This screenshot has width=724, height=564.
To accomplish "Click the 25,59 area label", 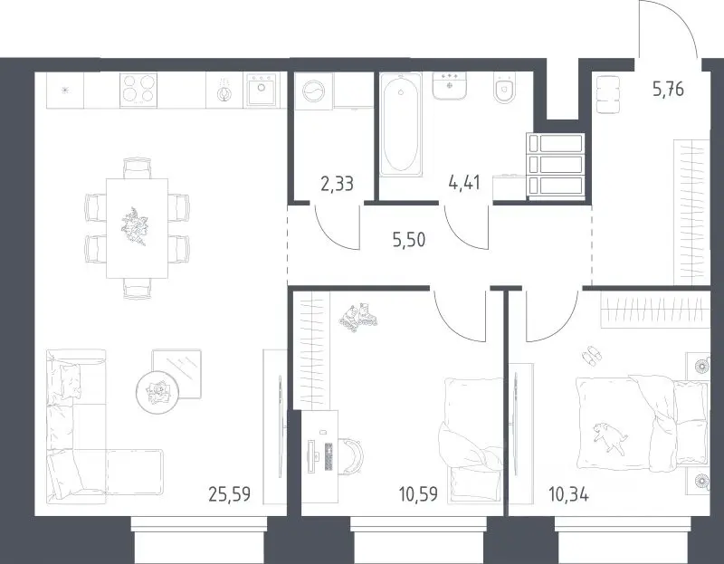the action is pyautogui.click(x=230, y=494).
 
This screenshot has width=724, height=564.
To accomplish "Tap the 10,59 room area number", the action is pyautogui.click(x=418, y=494).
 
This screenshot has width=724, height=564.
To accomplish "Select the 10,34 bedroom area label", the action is pyautogui.click(x=568, y=495).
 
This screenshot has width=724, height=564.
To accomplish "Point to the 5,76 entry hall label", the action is pyautogui.click(x=668, y=89).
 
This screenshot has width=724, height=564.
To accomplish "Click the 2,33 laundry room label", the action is pyautogui.click(x=337, y=184).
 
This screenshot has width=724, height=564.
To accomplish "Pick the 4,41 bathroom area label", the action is pyautogui.click(x=464, y=183).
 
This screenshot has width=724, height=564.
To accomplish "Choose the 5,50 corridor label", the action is pyautogui.click(x=409, y=240).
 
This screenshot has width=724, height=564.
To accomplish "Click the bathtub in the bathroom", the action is pyautogui.click(x=401, y=125).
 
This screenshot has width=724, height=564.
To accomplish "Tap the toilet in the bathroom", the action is pyautogui.click(x=504, y=87).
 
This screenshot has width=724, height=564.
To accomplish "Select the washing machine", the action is pyautogui.click(x=314, y=91).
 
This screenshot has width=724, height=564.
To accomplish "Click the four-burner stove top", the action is pyautogui.click(x=138, y=90).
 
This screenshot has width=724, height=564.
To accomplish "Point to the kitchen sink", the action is pyautogui.click(x=262, y=90).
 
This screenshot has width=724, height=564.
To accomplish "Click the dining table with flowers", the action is pyautogui.click(x=138, y=228).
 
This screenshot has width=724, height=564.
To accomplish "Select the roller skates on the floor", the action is pyautogui.click(x=358, y=317).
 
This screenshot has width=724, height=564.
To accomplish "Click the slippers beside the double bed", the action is pyautogui.click(x=592, y=356).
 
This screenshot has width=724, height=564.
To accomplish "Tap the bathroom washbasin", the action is pyautogui.click(x=449, y=85).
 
